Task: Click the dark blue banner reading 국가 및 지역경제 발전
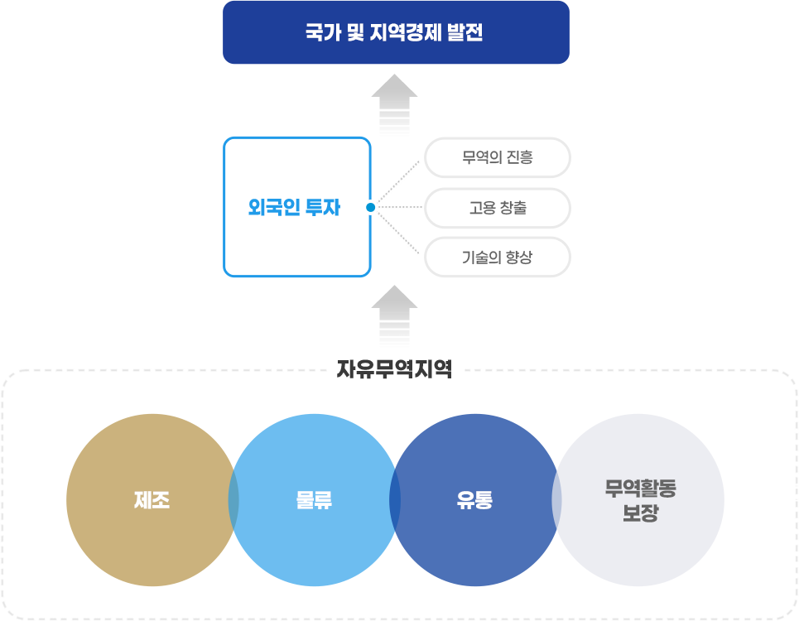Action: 396,32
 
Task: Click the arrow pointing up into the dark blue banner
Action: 394,104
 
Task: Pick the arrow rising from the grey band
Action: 394,316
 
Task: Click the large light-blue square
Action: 297,207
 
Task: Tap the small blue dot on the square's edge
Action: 370,207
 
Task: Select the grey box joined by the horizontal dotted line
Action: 496,208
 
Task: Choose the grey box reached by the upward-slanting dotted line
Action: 496,157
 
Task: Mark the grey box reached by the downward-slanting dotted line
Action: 496,258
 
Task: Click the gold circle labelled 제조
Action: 152,500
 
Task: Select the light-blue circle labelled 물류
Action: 314,500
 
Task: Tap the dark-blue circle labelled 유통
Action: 474,500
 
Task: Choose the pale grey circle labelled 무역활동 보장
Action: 640,500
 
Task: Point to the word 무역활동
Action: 640,489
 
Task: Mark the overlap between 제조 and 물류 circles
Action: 233,500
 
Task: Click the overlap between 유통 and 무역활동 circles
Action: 556,500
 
